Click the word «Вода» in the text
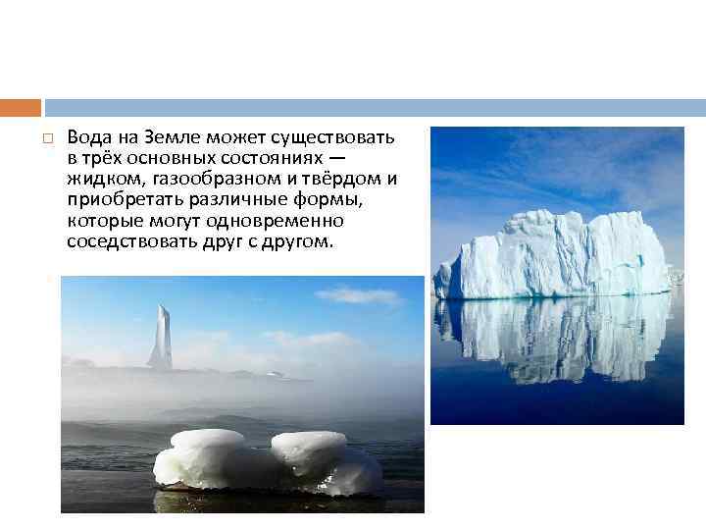tap(88, 135)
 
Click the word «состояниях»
tap(286, 157)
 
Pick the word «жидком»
tap(98, 179)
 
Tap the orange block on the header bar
tap(21, 107)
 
